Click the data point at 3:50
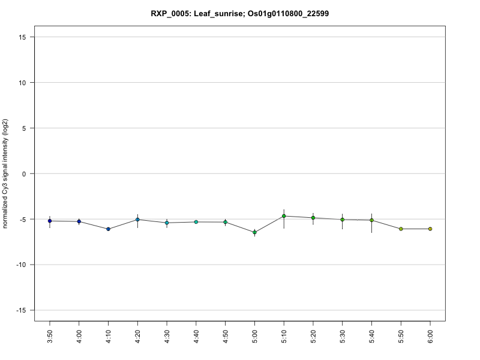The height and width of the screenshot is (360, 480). point(50,221)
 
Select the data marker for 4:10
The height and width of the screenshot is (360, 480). point(108,229)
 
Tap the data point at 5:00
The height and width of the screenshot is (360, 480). point(254,232)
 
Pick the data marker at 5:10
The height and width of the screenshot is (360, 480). point(284,216)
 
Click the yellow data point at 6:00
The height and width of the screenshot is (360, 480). point(430,229)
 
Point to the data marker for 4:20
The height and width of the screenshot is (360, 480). point(137,220)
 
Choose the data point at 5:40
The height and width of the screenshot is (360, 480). point(372,220)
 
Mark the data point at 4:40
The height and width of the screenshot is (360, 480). point(196,222)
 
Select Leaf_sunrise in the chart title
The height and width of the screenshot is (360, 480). point(221,13)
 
